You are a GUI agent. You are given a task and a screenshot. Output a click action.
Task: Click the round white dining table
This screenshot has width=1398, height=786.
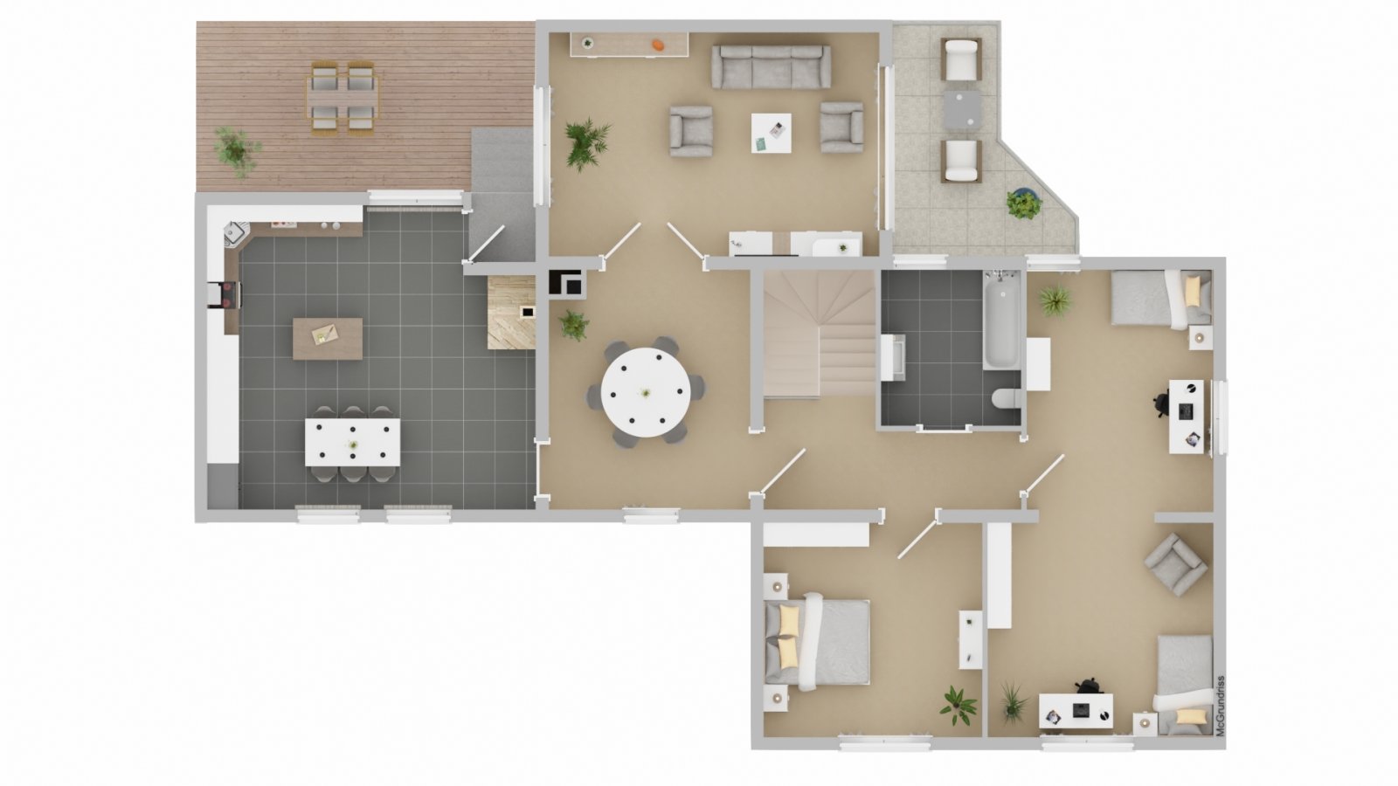point(646,392)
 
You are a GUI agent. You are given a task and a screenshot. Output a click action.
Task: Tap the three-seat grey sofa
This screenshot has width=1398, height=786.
point(772,66)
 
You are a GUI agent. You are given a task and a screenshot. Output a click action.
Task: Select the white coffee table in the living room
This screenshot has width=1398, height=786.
point(772,133)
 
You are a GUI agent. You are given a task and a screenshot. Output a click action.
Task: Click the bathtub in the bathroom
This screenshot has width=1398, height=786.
point(1002,320)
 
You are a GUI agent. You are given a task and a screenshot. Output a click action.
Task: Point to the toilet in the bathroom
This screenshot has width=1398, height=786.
point(1006,397)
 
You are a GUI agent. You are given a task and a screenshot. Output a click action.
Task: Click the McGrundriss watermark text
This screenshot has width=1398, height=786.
point(1221,706)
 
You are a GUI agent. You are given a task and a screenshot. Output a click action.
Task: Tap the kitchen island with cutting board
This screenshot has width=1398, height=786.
point(328,339)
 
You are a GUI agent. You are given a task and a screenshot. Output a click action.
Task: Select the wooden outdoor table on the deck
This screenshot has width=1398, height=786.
point(342,98)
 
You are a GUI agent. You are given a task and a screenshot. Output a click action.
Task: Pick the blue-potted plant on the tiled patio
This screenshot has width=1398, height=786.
point(1023,203)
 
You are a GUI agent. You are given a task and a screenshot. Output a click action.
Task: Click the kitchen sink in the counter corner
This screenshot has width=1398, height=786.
point(234,233)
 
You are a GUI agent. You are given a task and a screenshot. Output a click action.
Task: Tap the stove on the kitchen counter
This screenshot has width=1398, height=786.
point(227,295)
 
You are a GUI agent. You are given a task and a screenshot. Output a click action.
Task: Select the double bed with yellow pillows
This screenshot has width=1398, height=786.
point(818,643)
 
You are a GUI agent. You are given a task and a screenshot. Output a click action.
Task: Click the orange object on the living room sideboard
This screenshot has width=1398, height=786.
point(658,45)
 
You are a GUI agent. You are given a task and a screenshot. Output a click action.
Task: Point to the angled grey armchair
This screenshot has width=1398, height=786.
point(1175,564)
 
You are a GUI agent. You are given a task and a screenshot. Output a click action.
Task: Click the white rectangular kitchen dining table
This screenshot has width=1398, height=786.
point(353,442)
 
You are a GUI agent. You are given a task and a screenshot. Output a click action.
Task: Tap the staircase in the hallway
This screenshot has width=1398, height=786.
point(820,334)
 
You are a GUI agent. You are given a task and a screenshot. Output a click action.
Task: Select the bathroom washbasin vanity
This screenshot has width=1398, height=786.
point(893,357)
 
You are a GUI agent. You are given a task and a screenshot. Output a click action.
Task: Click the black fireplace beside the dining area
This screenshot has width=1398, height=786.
point(566,283)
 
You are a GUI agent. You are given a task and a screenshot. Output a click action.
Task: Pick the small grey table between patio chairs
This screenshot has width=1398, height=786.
point(962,110)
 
